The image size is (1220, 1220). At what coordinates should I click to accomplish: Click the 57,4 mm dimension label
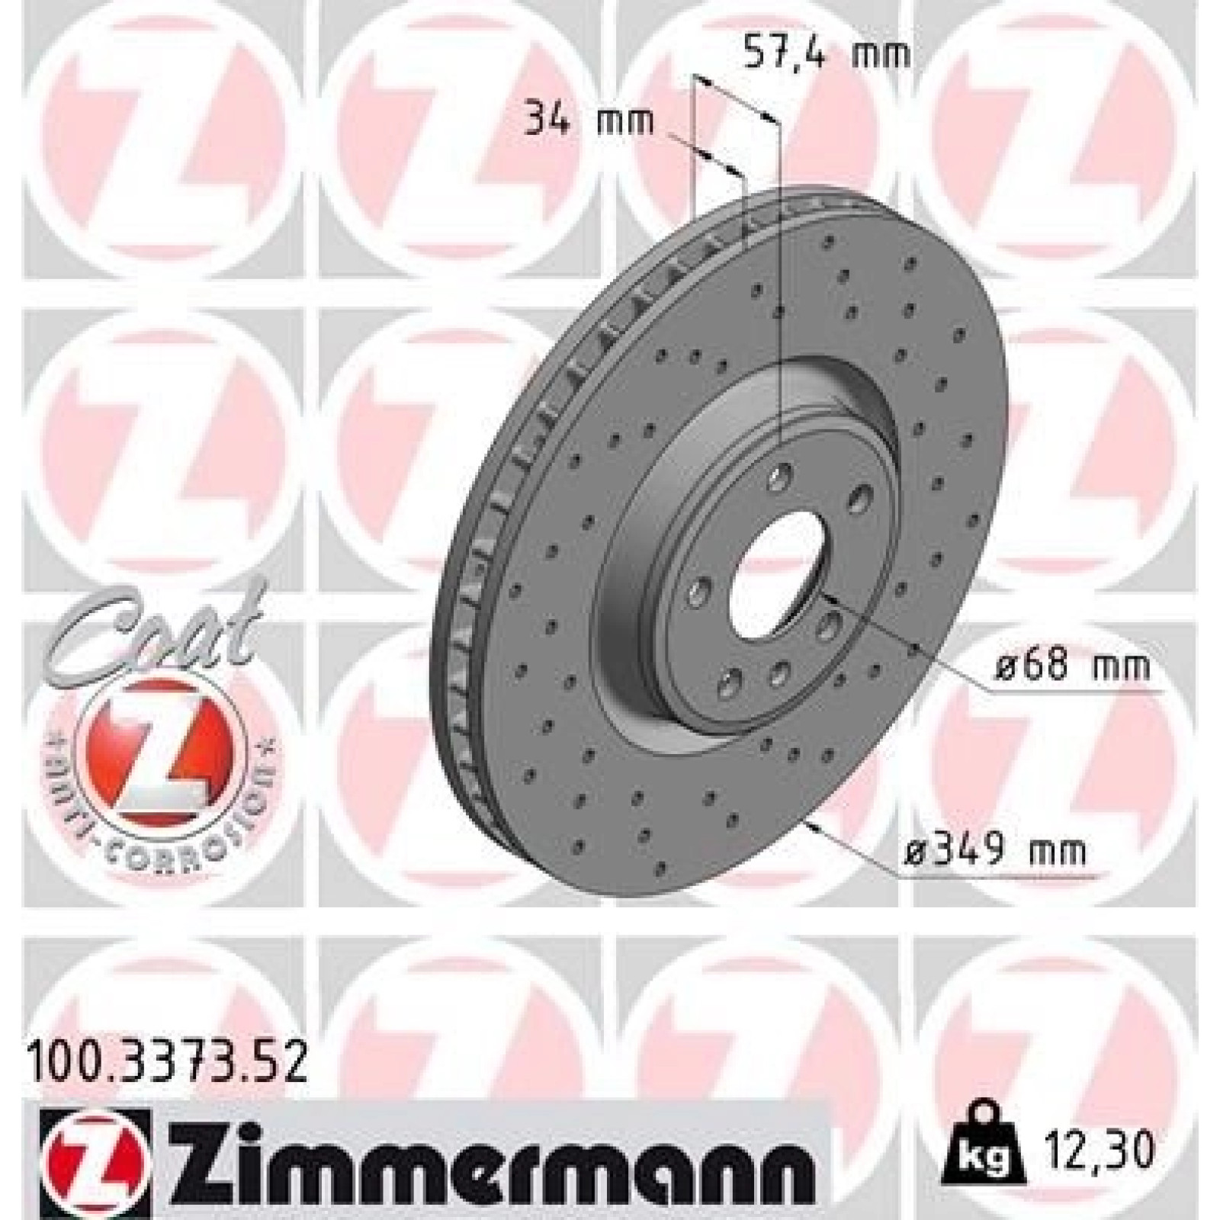pos(827,54)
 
